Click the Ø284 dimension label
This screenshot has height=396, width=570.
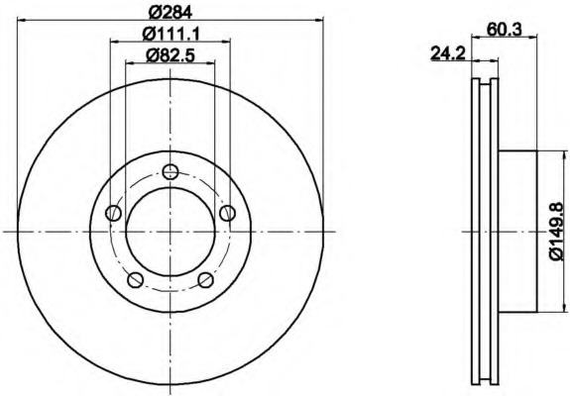point(171,13)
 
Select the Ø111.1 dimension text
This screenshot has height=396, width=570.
point(171,34)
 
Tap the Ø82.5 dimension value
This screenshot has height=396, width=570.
point(171,55)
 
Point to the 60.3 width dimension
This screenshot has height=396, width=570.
point(504,29)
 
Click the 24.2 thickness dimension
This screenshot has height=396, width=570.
point(448,53)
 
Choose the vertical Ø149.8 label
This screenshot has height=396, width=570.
point(556,232)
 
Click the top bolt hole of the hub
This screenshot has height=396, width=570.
point(171,171)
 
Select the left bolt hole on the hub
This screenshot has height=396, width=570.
point(113,213)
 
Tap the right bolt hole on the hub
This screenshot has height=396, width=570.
point(228,213)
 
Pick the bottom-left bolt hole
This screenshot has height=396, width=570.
point(135,280)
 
